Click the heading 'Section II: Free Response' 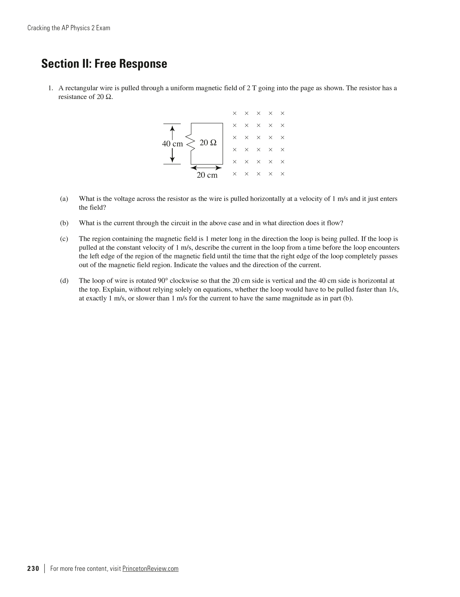click(104, 64)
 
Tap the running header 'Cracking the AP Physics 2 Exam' click(69, 28)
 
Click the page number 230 click(33, 568)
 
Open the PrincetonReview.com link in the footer click(150, 568)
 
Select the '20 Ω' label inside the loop click(208, 143)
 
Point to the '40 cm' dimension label click(172, 144)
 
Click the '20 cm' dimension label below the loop click(207, 175)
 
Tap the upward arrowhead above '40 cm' click(173, 128)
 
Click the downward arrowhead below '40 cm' click(173, 160)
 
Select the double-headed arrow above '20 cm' click(206, 168)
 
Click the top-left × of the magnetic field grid click(234, 113)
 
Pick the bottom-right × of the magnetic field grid click(282, 174)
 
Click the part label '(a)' click(64, 199)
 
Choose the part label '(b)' click(64, 223)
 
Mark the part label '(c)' click(64, 239)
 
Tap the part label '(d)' click(64, 281)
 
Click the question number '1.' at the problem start click(50, 88)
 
